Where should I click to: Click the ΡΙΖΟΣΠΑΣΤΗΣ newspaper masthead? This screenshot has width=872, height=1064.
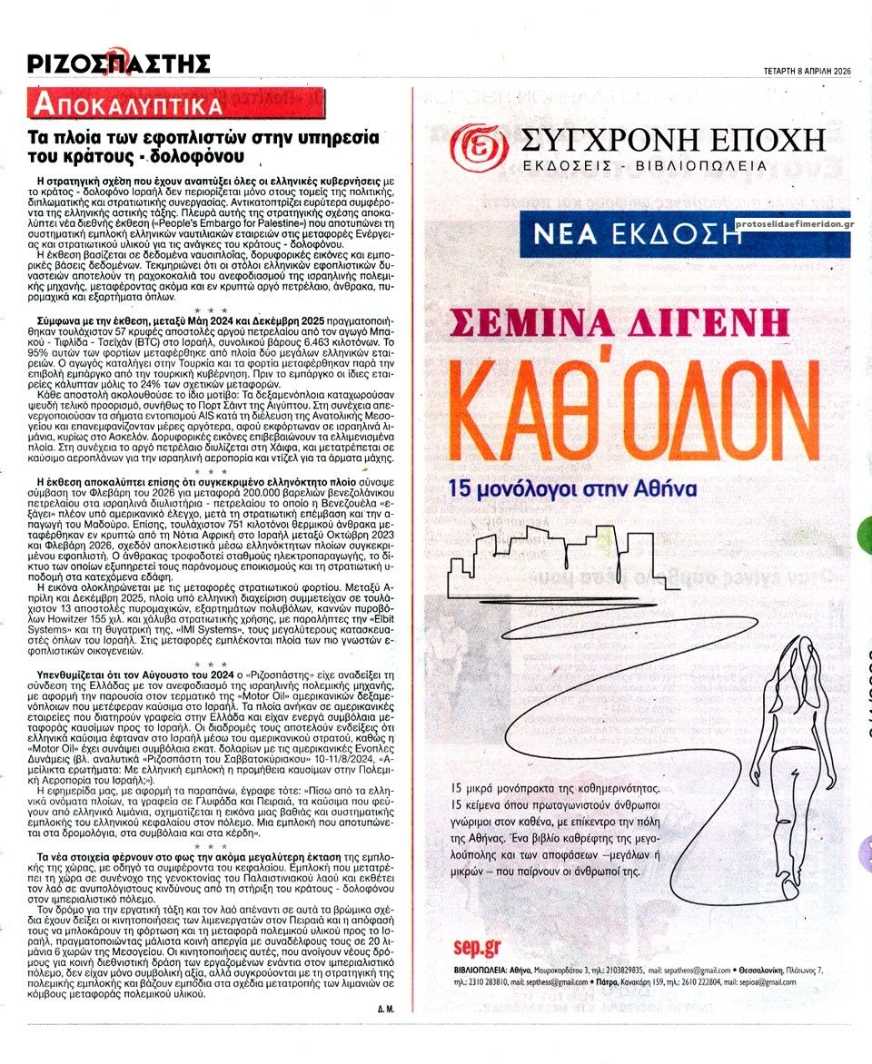coord(118,62)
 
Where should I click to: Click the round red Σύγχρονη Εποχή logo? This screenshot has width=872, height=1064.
coord(481,143)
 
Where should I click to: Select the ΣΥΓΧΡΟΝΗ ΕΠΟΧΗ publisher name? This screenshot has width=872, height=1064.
coord(674,139)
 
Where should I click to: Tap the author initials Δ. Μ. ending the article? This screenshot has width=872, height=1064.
coord(384,1010)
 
